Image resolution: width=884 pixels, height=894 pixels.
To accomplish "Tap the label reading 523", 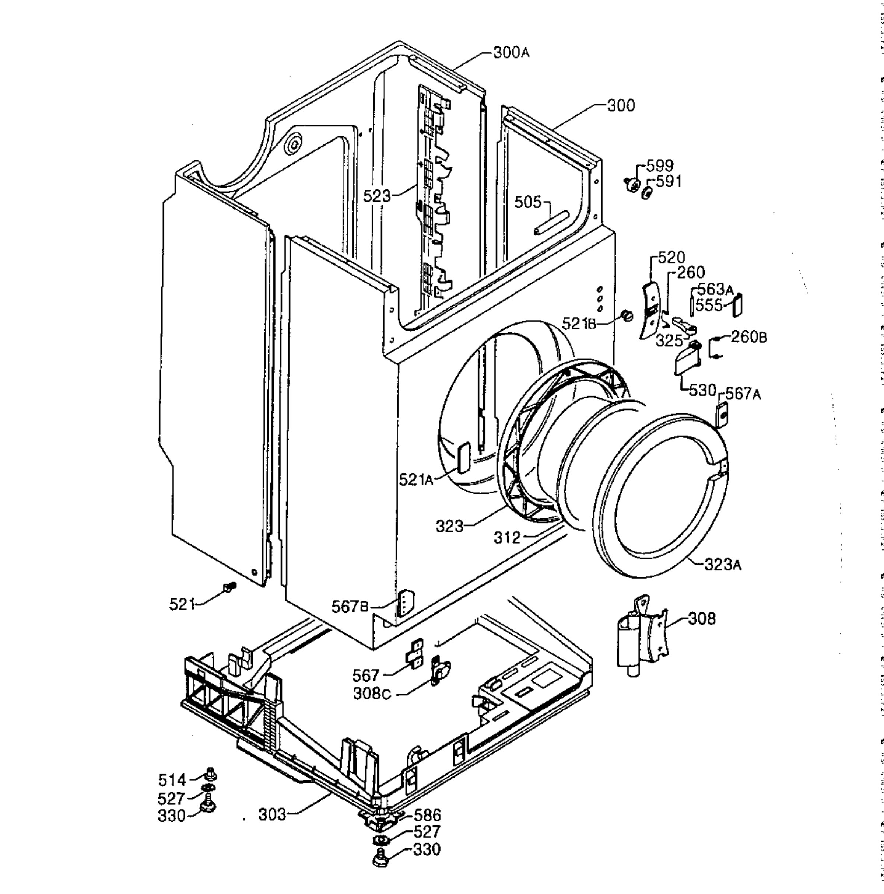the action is [376, 196].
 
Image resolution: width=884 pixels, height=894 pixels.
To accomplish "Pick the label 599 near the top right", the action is [660, 166].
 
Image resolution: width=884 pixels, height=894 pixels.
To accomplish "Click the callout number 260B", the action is [748, 337].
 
